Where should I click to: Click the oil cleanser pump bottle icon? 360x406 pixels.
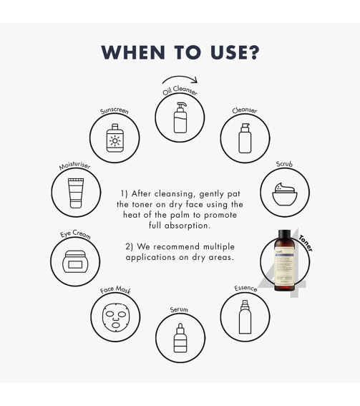[180, 117]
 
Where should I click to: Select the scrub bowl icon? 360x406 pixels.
[285, 193]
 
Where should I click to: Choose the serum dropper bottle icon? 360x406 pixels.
[180, 337]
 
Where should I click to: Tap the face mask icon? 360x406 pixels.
[115, 316]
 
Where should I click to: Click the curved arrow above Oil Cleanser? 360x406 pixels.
[179, 81]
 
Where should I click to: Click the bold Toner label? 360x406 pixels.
[306, 243]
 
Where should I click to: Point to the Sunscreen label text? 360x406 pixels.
[113, 112]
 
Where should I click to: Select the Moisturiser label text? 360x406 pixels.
[73, 167]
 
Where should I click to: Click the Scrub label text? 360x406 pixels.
[284, 165]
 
